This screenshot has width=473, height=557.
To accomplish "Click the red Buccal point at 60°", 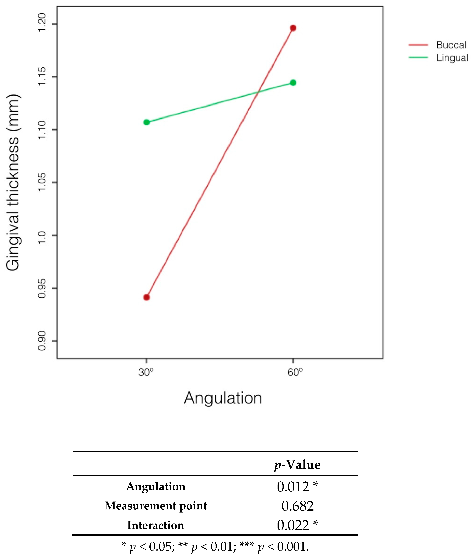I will click(293, 28).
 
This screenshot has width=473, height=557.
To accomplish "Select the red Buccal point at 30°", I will click(146, 297).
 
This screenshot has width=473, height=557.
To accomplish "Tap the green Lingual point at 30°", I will click(146, 122).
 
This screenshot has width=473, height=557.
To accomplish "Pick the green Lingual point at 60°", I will click(293, 83).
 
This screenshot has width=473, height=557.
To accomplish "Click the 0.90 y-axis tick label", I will click(42, 341).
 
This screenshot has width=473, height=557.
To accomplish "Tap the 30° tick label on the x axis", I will click(146, 372).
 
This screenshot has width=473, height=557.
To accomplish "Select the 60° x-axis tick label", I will click(295, 372).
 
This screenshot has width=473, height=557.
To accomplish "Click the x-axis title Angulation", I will click(223, 398).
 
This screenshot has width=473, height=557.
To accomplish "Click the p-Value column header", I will click(297, 465).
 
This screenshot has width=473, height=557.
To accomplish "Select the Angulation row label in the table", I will click(156, 486).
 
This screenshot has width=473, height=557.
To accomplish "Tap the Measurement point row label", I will click(156, 506).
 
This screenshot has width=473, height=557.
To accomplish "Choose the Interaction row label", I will click(156, 525).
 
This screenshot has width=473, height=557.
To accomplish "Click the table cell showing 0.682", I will click(297, 506).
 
